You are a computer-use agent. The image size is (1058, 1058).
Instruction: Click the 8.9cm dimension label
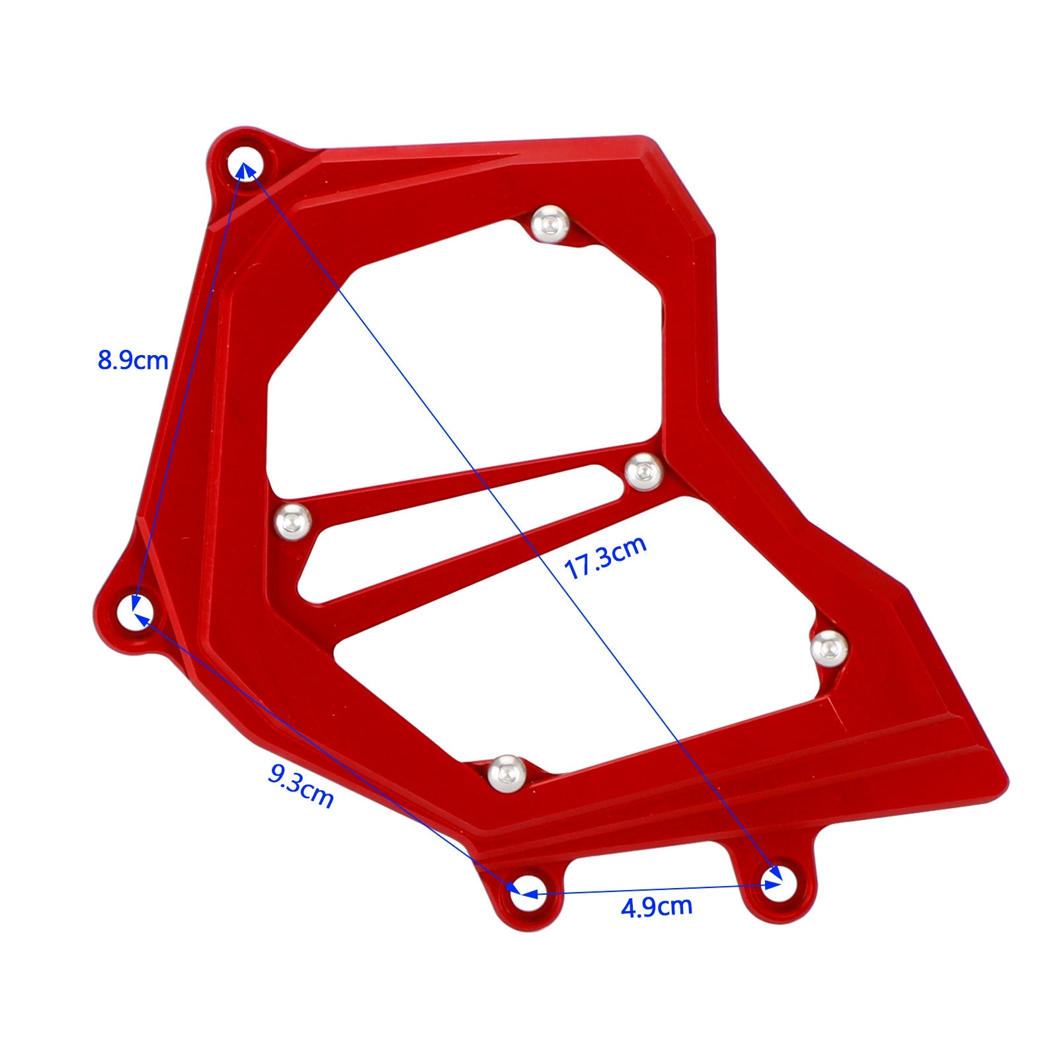tap(133, 361)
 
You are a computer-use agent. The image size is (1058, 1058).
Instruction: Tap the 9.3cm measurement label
tap(300, 786)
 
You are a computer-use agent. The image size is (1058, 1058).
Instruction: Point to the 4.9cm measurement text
tap(657, 906)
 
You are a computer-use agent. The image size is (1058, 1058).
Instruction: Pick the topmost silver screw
tap(550, 225)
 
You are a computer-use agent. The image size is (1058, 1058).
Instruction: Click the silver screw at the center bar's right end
tap(643, 472)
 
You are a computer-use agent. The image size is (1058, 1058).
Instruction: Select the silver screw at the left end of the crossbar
tap(293, 522)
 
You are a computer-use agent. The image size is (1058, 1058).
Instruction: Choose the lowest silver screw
tap(507, 773)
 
